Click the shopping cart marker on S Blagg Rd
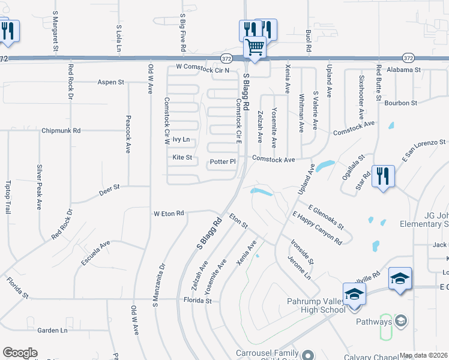(x=255, y=46)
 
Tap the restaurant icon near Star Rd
(x=382, y=176)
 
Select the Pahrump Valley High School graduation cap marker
(x=354, y=294)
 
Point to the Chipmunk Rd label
(x=61, y=130)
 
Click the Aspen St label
(x=110, y=82)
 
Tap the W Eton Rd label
(x=168, y=213)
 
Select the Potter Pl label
(x=223, y=162)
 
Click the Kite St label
(x=182, y=158)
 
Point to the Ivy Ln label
(x=181, y=139)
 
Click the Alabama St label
(x=403, y=70)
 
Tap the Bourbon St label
(x=401, y=103)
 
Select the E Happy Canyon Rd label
(x=317, y=228)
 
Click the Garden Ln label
(x=52, y=330)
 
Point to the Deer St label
(x=109, y=188)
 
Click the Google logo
(x=20, y=353)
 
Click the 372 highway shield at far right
(x=408, y=58)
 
